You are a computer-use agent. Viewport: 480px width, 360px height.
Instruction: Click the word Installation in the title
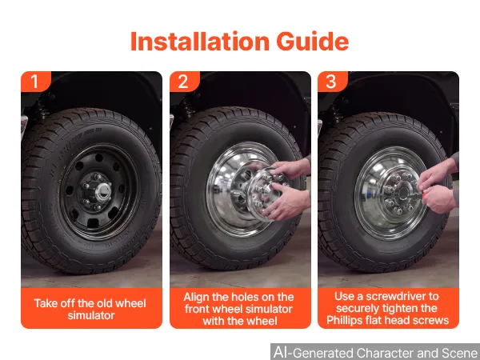(x=200, y=42)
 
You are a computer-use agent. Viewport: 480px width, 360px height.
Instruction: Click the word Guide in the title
(x=313, y=42)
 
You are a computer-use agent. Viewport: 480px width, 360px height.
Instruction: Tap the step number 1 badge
(x=35, y=82)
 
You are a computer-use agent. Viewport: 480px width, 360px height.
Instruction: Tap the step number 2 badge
(x=184, y=82)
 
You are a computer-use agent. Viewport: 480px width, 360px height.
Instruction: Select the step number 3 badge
(x=332, y=82)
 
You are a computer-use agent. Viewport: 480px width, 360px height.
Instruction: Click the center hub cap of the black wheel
(x=103, y=192)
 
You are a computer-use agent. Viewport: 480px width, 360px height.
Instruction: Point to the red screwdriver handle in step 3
(x=424, y=195)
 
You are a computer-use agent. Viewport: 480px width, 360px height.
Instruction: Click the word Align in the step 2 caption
(x=196, y=298)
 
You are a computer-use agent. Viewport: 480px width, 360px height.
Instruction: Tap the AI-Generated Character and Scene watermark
(x=375, y=352)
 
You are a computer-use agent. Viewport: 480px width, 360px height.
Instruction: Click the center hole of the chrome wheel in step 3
(x=403, y=193)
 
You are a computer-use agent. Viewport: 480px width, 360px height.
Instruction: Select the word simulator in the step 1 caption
(x=91, y=315)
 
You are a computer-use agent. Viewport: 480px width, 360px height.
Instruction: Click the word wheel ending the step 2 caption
(x=262, y=321)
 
